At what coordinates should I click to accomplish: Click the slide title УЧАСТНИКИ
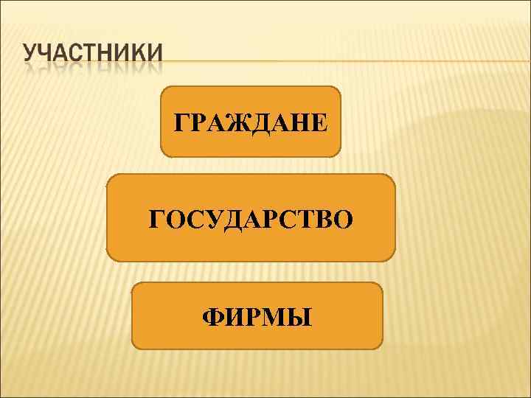(x=92, y=57)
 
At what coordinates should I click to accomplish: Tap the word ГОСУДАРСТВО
(x=251, y=219)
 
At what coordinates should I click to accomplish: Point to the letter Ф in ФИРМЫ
(x=212, y=318)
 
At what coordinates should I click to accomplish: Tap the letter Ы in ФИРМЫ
(x=299, y=318)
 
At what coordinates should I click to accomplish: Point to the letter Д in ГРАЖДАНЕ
(x=258, y=122)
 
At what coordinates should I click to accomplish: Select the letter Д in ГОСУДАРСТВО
(x=232, y=220)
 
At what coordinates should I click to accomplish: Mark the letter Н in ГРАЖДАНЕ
(x=297, y=122)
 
